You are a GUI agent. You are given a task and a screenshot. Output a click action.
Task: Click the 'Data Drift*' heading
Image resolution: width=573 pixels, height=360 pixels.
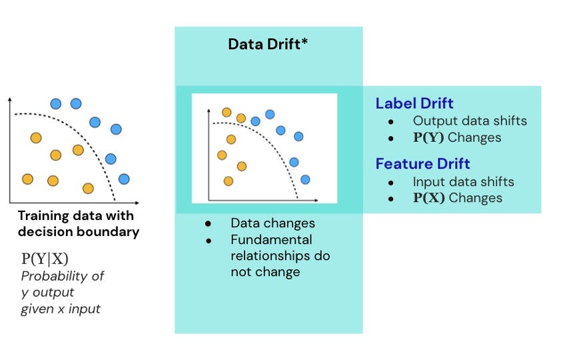tap(268, 45)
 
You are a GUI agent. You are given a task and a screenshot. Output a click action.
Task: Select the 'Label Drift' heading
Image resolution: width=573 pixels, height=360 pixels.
tap(414, 103)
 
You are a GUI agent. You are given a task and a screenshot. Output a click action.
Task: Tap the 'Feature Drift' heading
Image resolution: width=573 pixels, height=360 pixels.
tap(422, 163)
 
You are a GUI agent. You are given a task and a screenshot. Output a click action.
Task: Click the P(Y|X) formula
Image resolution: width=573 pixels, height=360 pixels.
tap(45, 259)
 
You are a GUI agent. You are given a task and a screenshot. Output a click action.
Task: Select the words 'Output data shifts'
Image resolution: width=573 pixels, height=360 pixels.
tap(470, 121)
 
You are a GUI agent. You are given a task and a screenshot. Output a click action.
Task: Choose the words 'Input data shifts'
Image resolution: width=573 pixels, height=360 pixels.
tap(464, 181)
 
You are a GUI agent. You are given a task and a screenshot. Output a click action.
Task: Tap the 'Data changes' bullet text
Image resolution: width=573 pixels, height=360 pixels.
tap(273, 223)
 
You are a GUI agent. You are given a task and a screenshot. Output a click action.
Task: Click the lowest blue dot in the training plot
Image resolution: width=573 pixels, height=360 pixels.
tap(123, 179)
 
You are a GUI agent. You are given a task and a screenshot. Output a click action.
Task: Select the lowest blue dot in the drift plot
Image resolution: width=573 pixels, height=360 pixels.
tap(305, 179)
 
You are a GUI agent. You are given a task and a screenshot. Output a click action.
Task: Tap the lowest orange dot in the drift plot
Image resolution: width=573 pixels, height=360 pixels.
tap(229, 181)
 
